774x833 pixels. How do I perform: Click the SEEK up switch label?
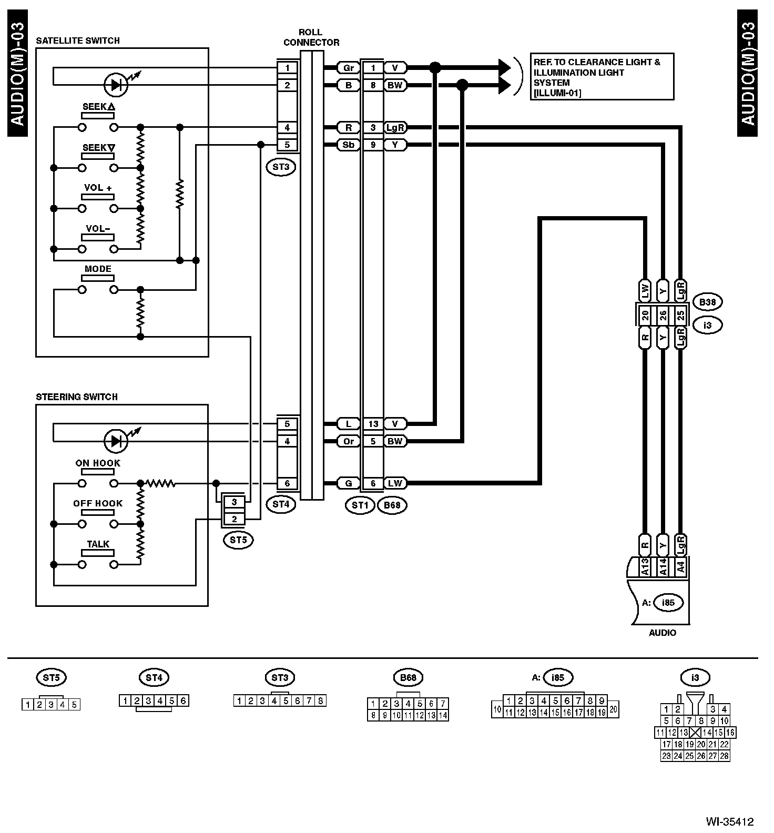tap(98, 107)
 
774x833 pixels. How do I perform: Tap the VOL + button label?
tap(98, 188)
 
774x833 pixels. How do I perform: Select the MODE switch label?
tap(98, 269)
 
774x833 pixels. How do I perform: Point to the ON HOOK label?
tap(98, 463)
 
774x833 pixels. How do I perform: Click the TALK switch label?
tap(98, 544)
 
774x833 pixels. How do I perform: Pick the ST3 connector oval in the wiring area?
tap(281, 167)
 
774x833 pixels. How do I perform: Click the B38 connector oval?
tap(707, 302)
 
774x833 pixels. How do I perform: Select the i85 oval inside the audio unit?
tap(668, 603)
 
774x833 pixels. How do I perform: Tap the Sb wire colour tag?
tap(348, 145)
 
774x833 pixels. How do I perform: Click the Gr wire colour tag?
tap(348, 68)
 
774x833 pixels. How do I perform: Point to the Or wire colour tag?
tap(348, 441)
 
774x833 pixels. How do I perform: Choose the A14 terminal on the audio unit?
tap(663, 567)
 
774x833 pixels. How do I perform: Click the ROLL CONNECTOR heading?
tap(311, 37)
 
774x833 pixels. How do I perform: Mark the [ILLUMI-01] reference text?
tap(557, 93)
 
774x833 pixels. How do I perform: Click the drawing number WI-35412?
tap(730, 821)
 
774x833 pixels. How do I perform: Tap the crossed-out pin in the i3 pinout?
tap(695, 733)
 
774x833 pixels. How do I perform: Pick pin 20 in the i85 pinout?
tap(613, 708)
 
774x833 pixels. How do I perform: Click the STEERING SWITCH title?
tap(77, 397)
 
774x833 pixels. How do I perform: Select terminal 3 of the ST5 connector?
tap(235, 502)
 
